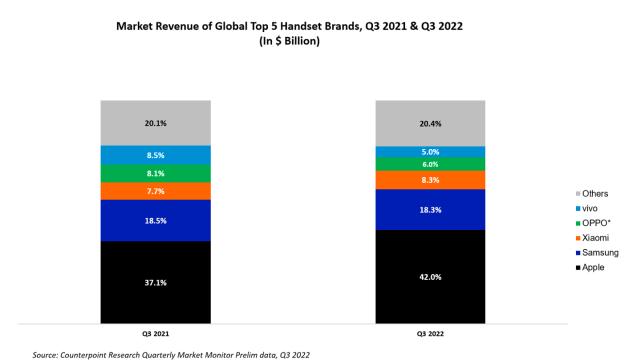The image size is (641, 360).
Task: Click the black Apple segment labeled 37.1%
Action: tap(155, 282)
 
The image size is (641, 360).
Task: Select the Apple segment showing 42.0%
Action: tap(430, 277)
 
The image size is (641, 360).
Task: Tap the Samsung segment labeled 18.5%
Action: tap(155, 220)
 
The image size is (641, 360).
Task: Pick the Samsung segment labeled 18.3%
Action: tap(430, 210)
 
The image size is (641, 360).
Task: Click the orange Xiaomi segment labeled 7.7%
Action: tap(155, 190)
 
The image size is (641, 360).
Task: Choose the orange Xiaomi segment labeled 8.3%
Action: tap(430, 180)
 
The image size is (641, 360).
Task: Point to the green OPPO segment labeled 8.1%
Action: tap(155, 173)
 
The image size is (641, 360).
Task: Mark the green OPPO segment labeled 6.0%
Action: tap(430, 164)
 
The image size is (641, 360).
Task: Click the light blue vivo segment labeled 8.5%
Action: tap(155, 155)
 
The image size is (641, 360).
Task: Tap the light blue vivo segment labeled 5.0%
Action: tap(430, 152)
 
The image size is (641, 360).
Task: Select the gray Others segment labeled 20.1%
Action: tap(155, 123)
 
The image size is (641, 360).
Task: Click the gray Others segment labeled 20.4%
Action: tap(430, 123)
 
